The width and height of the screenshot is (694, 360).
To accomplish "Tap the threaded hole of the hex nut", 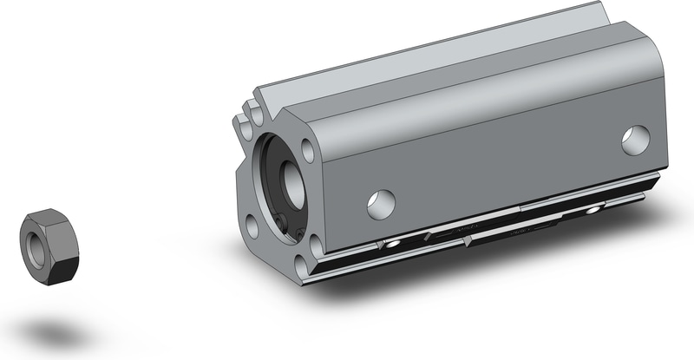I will (x=37, y=243).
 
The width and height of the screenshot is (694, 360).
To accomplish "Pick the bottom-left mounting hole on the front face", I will (x=251, y=226).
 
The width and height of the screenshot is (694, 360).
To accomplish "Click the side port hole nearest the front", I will (x=381, y=204).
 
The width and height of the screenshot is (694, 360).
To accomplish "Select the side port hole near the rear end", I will (x=635, y=140).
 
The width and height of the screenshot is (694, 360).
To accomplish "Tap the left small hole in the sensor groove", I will (x=392, y=246).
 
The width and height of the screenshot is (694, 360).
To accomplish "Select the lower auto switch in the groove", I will (x=520, y=232).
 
